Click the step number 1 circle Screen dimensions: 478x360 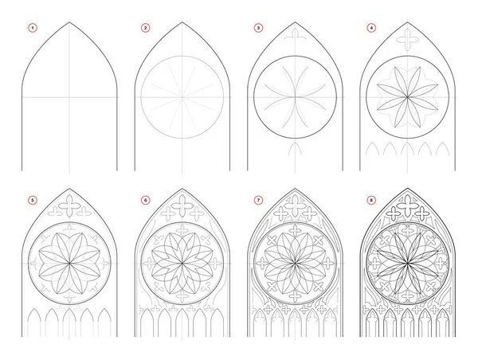coord(33,28)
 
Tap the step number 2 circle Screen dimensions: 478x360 coord(146,28)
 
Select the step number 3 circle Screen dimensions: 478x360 coord(258,28)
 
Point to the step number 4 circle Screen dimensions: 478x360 coord(371,28)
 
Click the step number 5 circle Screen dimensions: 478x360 coord(33,200)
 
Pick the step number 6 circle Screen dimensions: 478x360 coord(146,200)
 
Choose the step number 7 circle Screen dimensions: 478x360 coord(258,200)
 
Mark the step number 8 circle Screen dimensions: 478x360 coord(371,200)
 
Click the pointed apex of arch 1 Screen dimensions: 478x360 coord(69,22)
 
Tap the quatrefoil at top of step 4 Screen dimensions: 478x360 coord(408,40)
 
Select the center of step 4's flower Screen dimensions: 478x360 coord(408,97)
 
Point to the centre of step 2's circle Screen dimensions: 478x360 coord(182,97)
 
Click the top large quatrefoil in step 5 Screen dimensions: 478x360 coord(69,206)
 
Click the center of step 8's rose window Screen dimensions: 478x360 coord(408,263)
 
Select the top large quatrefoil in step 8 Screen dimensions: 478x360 coord(408,206)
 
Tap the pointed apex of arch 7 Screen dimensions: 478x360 coord(295,189)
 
